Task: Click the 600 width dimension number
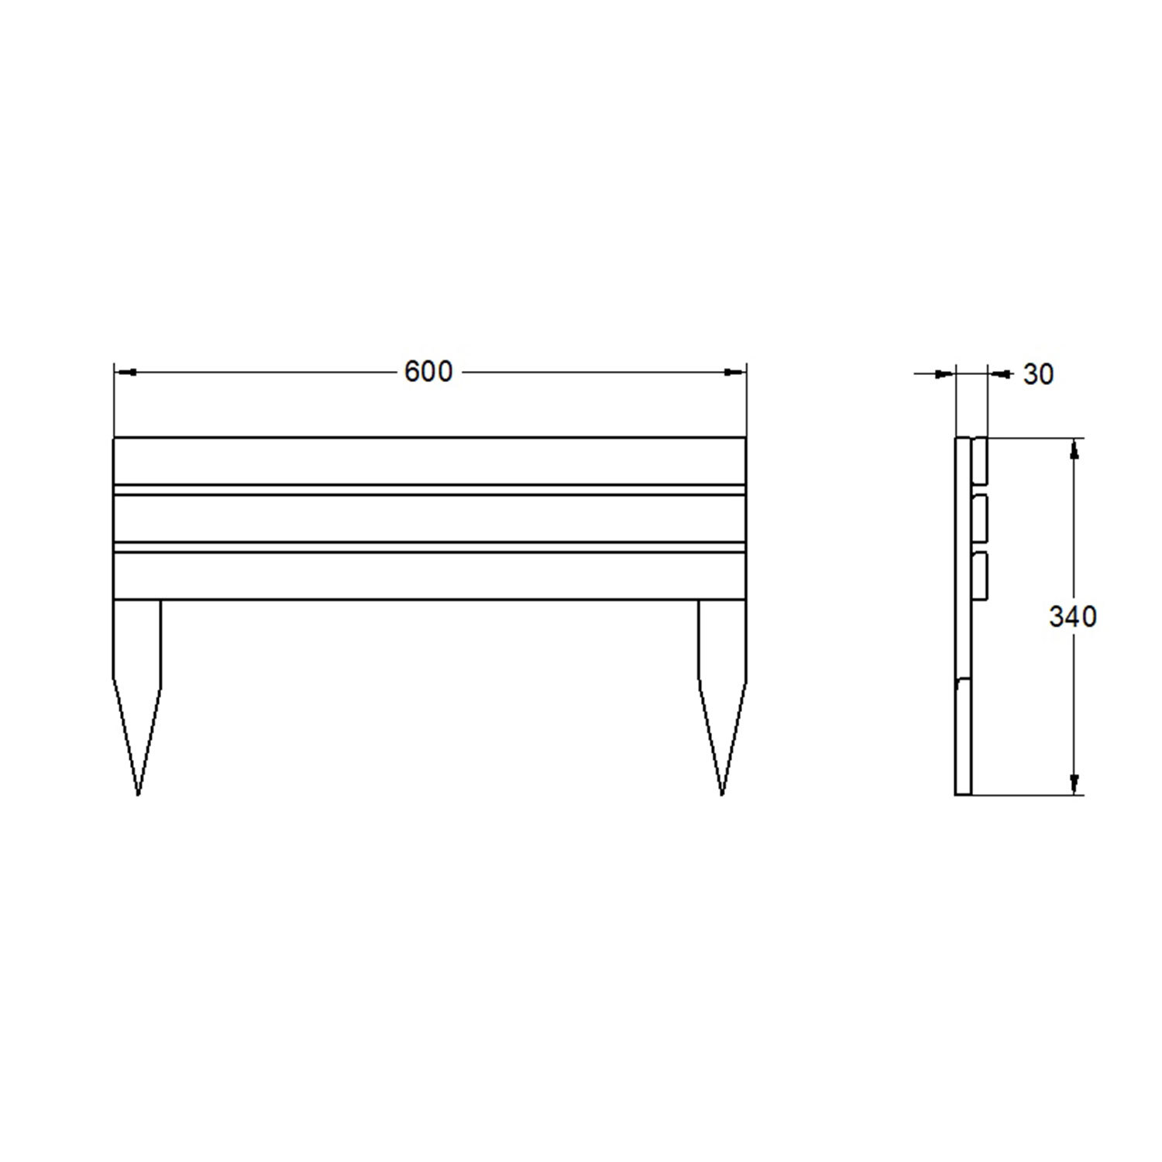coord(428,372)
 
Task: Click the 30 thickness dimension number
coord(1039,375)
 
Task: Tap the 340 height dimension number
coord(1073,617)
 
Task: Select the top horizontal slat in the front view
coord(429,461)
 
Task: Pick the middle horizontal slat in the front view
coord(429,518)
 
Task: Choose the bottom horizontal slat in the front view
coord(429,576)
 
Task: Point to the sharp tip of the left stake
coord(138,793)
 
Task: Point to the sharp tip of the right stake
coord(722,793)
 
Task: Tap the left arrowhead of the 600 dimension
coord(125,373)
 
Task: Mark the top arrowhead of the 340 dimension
coord(1074,449)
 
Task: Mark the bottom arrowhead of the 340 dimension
coord(1074,784)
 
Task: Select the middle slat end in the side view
coord(980,518)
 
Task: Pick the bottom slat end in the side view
coord(980,576)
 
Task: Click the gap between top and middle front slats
coord(429,490)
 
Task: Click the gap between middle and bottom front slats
coord(429,547)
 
